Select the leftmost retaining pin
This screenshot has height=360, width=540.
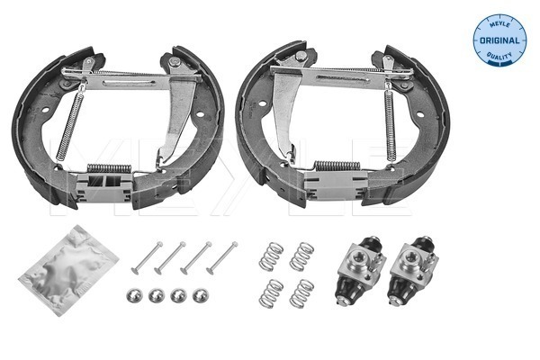tap(145, 258)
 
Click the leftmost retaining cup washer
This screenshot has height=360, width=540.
tap(133, 296)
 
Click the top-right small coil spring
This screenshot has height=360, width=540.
tap(304, 256)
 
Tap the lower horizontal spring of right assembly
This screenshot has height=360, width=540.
tap(337, 166)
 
